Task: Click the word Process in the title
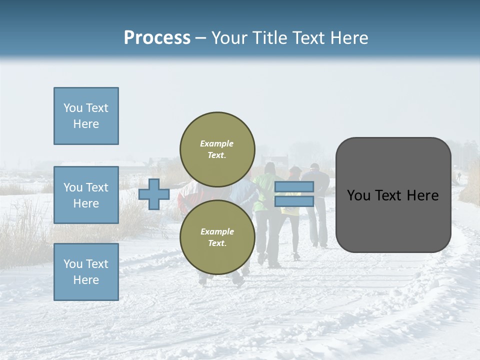pyautogui.click(x=157, y=37)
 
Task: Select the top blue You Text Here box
pyautogui.click(x=86, y=116)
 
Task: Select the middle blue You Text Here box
pyautogui.click(x=86, y=195)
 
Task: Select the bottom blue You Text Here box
pyautogui.click(x=86, y=271)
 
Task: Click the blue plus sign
pyautogui.click(x=153, y=194)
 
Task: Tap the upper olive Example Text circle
pyautogui.click(x=217, y=149)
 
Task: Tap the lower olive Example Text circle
pyautogui.click(x=217, y=237)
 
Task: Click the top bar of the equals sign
pyautogui.click(x=294, y=187)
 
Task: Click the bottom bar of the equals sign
pyautogui.click(x=294, y=201)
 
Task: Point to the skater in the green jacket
pyautogui.click(x=264, y=190)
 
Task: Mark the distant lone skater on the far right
pyautogui.click(x=458, y=176)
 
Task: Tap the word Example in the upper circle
pyautogui.click(x=217, y=143)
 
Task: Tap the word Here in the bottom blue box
pyautogui.click(x=86, y=280)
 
